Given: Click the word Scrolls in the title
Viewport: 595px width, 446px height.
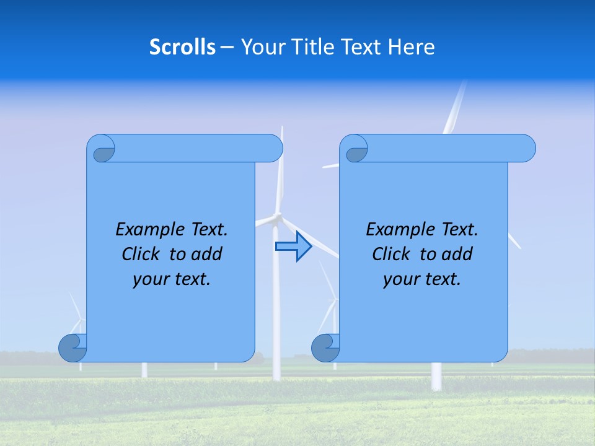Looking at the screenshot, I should click(182, 47).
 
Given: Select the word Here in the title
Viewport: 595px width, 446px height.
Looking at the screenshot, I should click(411, 47).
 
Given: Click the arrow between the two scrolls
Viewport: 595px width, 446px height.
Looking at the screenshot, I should click(293, 247).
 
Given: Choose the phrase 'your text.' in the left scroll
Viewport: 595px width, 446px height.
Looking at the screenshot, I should click(171, 279).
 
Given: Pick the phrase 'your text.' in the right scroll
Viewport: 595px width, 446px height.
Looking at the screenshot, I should click(421, 279).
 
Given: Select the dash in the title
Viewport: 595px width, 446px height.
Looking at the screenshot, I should click(227, 47).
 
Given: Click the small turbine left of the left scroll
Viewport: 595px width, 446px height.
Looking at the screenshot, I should click(78, 322).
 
